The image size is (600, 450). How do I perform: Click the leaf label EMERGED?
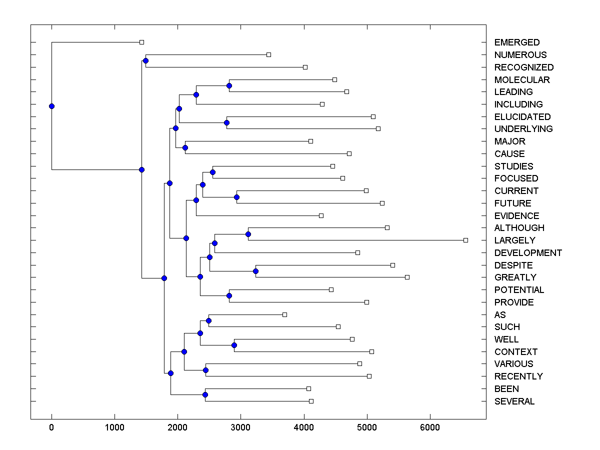516,42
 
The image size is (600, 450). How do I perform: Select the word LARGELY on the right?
514,240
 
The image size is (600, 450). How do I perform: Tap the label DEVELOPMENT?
528,253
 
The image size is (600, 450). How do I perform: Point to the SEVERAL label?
514,401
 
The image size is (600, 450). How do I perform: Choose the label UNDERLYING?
523,129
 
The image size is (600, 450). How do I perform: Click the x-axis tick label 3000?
240,427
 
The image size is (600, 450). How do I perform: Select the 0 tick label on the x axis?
51,427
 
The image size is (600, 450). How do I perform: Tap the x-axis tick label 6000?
429,427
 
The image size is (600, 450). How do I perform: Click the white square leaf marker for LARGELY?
465,240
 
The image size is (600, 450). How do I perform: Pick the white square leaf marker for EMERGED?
141,42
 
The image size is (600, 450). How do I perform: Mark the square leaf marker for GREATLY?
407,277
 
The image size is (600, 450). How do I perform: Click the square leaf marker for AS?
284,314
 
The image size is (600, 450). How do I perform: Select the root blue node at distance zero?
51,106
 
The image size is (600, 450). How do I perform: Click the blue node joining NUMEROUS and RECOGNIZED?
145,61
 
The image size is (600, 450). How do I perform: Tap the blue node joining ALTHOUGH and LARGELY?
248,234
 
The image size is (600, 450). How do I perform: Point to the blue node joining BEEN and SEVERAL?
205,395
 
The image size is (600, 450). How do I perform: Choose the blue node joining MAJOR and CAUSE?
185,147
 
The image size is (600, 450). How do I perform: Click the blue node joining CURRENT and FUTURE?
236,197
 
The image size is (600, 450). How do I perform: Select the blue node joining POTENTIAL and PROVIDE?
229,296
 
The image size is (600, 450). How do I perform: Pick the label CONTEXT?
515,352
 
